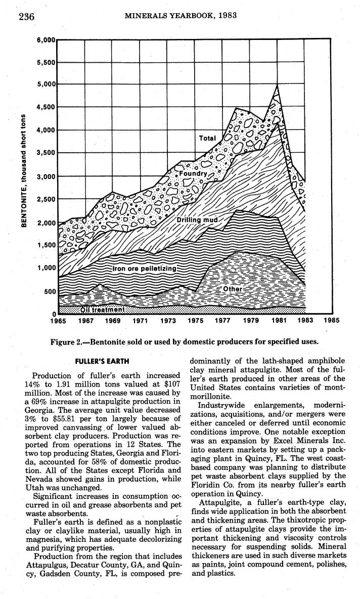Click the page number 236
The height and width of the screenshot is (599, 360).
pos(26,16)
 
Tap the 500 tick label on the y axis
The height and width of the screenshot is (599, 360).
pos(49,291)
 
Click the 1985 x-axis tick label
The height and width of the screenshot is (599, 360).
pos(331,321)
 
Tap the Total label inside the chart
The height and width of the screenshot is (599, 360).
pos(207,138)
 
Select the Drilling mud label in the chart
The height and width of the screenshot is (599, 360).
pos(196,220)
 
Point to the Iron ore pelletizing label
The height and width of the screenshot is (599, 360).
pos(144,268)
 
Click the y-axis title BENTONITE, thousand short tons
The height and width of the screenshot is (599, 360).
pos(23,170)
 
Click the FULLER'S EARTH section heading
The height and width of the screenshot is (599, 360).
pos(102,361)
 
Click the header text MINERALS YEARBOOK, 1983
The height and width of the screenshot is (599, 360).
pos(181,16)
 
